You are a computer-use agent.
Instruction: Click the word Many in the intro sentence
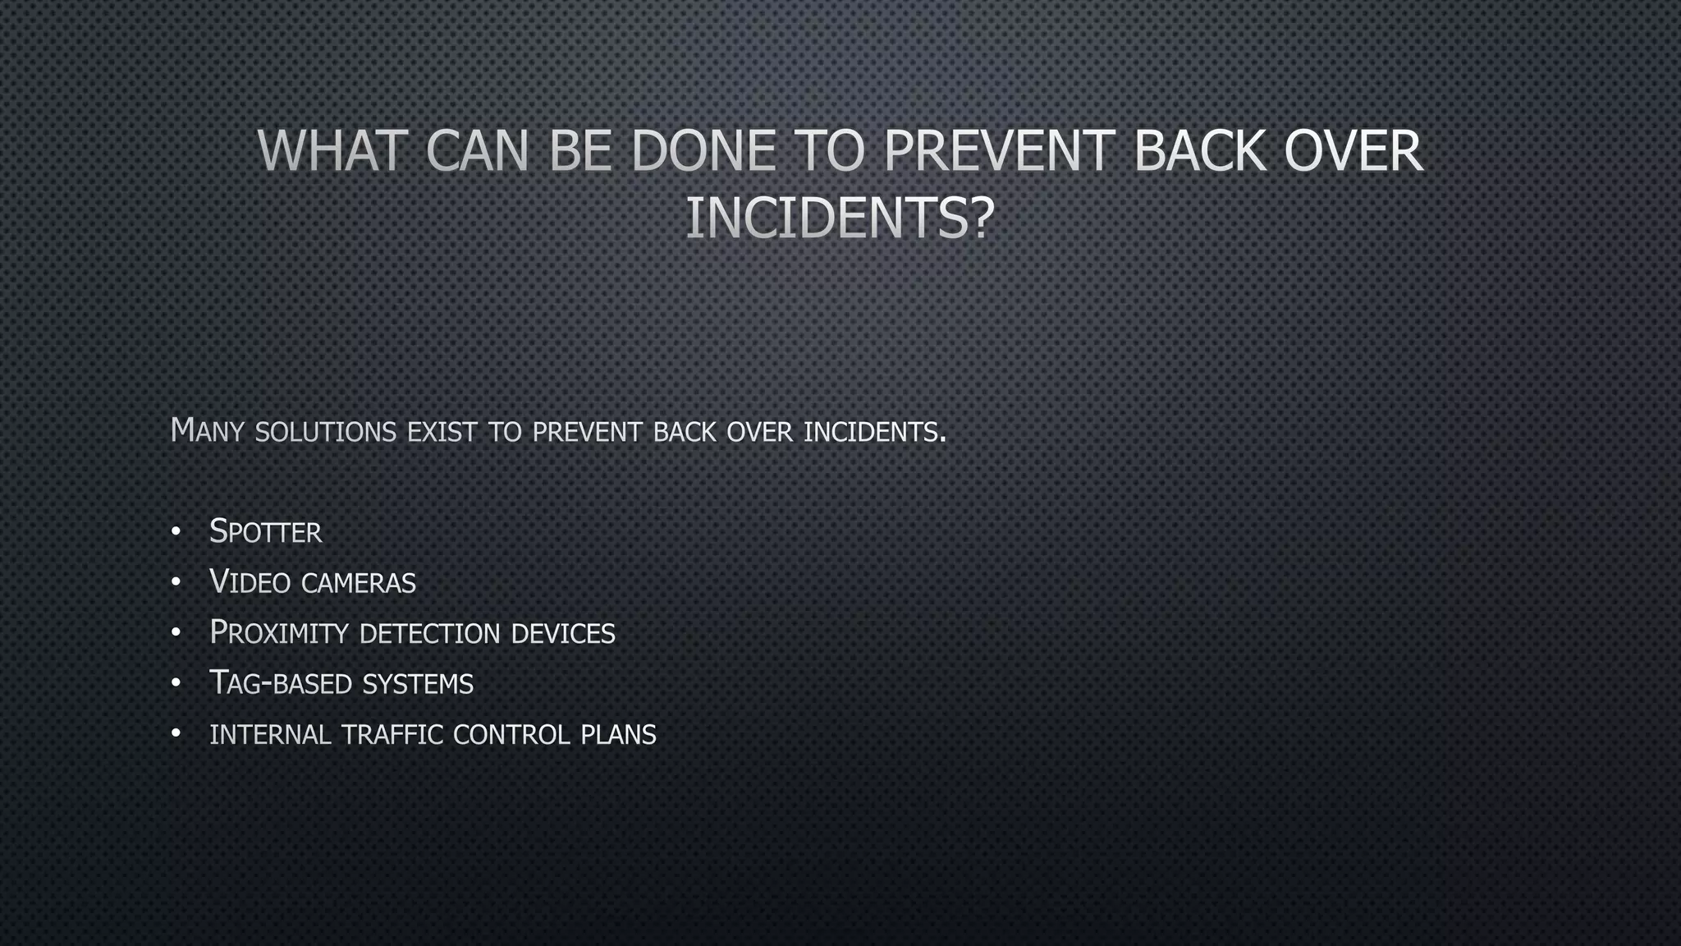pyautogui.click(x=207, y=431)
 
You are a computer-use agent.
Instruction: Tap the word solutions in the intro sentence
pyautogui.click(x=326, y=432)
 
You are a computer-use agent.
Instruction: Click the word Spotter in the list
pyautogui.click(x=266, y=532)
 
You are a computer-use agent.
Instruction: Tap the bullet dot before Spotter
pyautogui.click(x=176, y=532)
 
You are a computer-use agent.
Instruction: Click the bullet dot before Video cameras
pyautogui.click(x=176, y=583)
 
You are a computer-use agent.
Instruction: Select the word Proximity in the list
pyautogui.click(x=279, y=633)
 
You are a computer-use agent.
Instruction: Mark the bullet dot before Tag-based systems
pyautogui.click(x=176, y=684)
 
